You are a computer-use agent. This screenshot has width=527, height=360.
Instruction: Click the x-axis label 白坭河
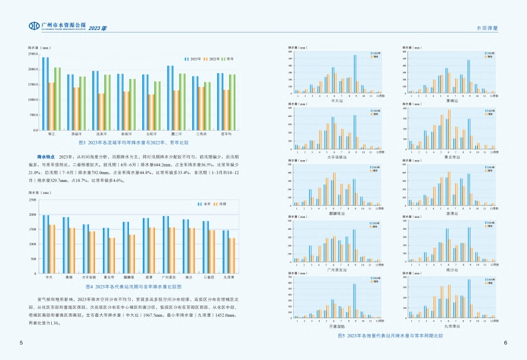(x=151, y=134)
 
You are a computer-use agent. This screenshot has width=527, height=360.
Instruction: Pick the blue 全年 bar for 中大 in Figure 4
(x=46, y=243)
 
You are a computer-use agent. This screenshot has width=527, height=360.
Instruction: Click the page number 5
(x=21, y=343)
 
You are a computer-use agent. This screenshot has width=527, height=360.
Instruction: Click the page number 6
(x=506, y=343)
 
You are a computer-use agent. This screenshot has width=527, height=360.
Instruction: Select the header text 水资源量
(x=488, y=28)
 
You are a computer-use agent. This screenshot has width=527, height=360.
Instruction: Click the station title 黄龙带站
(x=450, y=157)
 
